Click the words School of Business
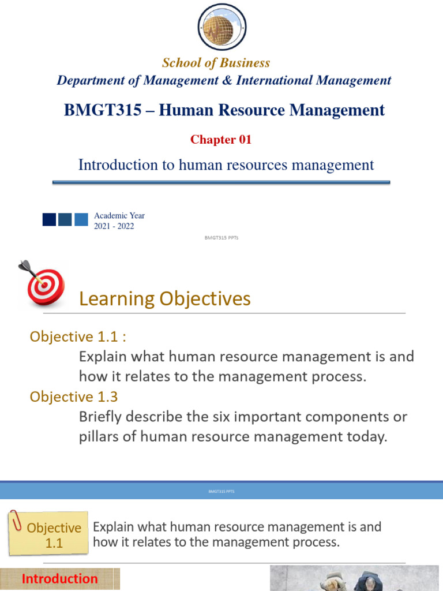(216, 62)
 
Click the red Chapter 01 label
(221, 139)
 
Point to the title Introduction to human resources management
(226, 165)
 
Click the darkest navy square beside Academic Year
(49, 219)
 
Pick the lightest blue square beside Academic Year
(81, 219)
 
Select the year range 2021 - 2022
(114, 226)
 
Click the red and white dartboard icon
(42, 285)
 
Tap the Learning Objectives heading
(164, 298)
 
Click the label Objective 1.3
(69, 397)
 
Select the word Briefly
(102, 417)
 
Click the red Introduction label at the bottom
(59, 578)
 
